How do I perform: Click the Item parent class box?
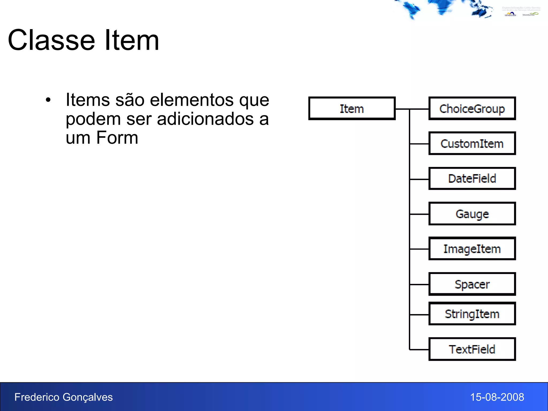tap(352, 108)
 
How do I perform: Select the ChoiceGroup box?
tap(472, 108)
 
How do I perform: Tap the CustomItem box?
tap(472, 143)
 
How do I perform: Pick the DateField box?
tap(472, 178)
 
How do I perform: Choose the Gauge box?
tap(472, 214)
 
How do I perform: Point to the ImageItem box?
tap(472, 249)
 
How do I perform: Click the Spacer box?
tap(472, 284)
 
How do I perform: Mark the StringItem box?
tap(472, 314)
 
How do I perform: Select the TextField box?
tap(472, 349)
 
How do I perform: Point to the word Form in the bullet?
tap(117, 138)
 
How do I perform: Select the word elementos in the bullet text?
tap(192, 100)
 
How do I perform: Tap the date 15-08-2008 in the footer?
tap(497, 397)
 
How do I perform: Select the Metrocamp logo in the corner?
tap(510, 14)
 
